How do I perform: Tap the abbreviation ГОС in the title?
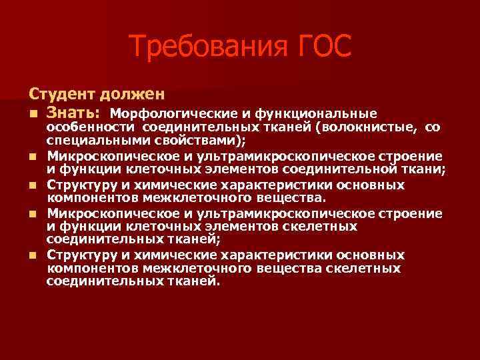pos(319,47)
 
